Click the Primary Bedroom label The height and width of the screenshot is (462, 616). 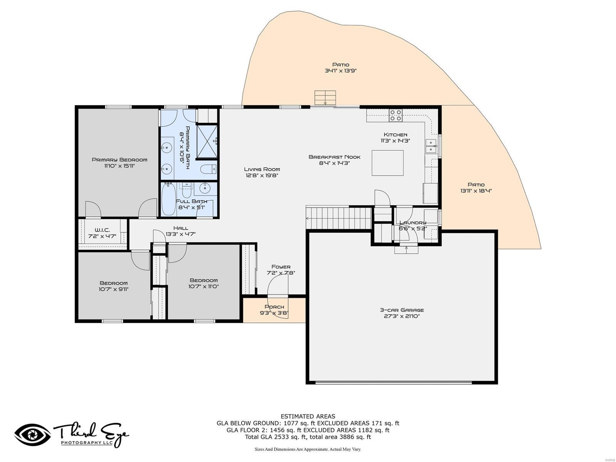click(119, 160)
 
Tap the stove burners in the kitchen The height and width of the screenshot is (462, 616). click(395, 115)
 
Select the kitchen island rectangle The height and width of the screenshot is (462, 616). click(387, 163)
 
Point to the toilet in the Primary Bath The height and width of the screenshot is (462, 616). click(208, 169)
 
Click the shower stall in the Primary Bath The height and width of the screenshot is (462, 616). click(208, 141)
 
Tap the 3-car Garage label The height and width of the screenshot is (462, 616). click(402, 310)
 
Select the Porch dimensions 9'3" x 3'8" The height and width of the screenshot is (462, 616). click(274, 313)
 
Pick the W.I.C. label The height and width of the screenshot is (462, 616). click(102, 230)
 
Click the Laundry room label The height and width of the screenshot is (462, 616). click(413, 223)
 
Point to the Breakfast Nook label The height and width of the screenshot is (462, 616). click(334, 157)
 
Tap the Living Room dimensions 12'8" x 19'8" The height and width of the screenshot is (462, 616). click(262, 175)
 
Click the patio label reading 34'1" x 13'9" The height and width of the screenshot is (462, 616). click(340, 71)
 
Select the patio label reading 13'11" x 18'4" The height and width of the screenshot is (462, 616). click(476, 191)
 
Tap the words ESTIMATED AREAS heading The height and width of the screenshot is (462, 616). click(308, 416)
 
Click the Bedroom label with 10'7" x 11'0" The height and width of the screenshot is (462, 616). click(203, 280)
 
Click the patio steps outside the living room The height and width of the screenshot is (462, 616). click(325, 97)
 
